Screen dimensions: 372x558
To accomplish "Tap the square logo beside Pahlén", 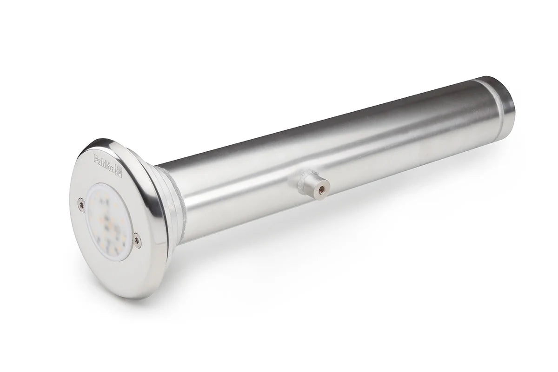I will [119, 173].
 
